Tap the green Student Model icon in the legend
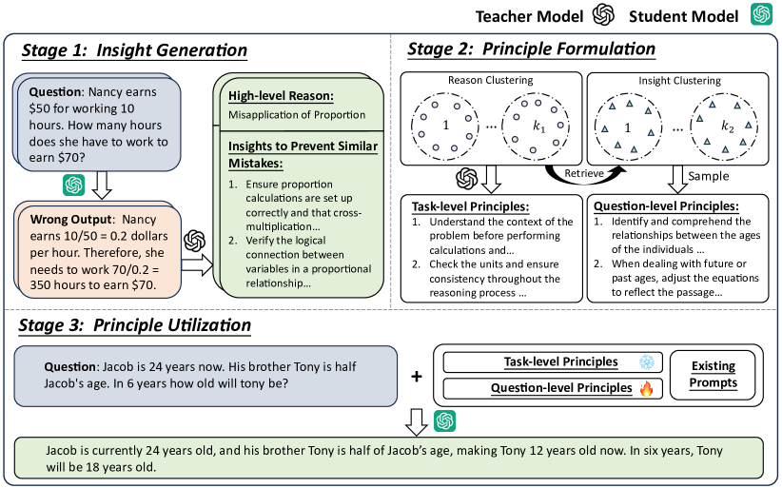click(760, 15)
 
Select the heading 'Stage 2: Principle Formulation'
click(531, 49)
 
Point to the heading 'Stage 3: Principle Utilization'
click(134, 325)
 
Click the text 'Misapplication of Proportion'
click(297, 116)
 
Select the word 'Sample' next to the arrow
click(711, 176)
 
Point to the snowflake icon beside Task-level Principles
click(646, 362)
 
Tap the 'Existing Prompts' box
click(713, 374)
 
